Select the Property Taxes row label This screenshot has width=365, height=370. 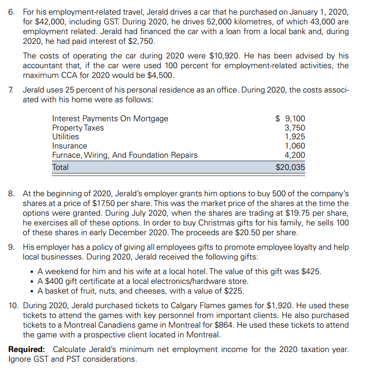tap(78, 128)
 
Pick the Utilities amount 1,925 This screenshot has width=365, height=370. tap(295, 137)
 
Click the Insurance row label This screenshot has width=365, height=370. tap(70, 146)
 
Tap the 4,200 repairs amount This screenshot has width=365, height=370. tap(295, 155)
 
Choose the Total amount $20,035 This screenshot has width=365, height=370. tap(290, 167)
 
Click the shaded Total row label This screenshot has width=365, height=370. tap(60, 167)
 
